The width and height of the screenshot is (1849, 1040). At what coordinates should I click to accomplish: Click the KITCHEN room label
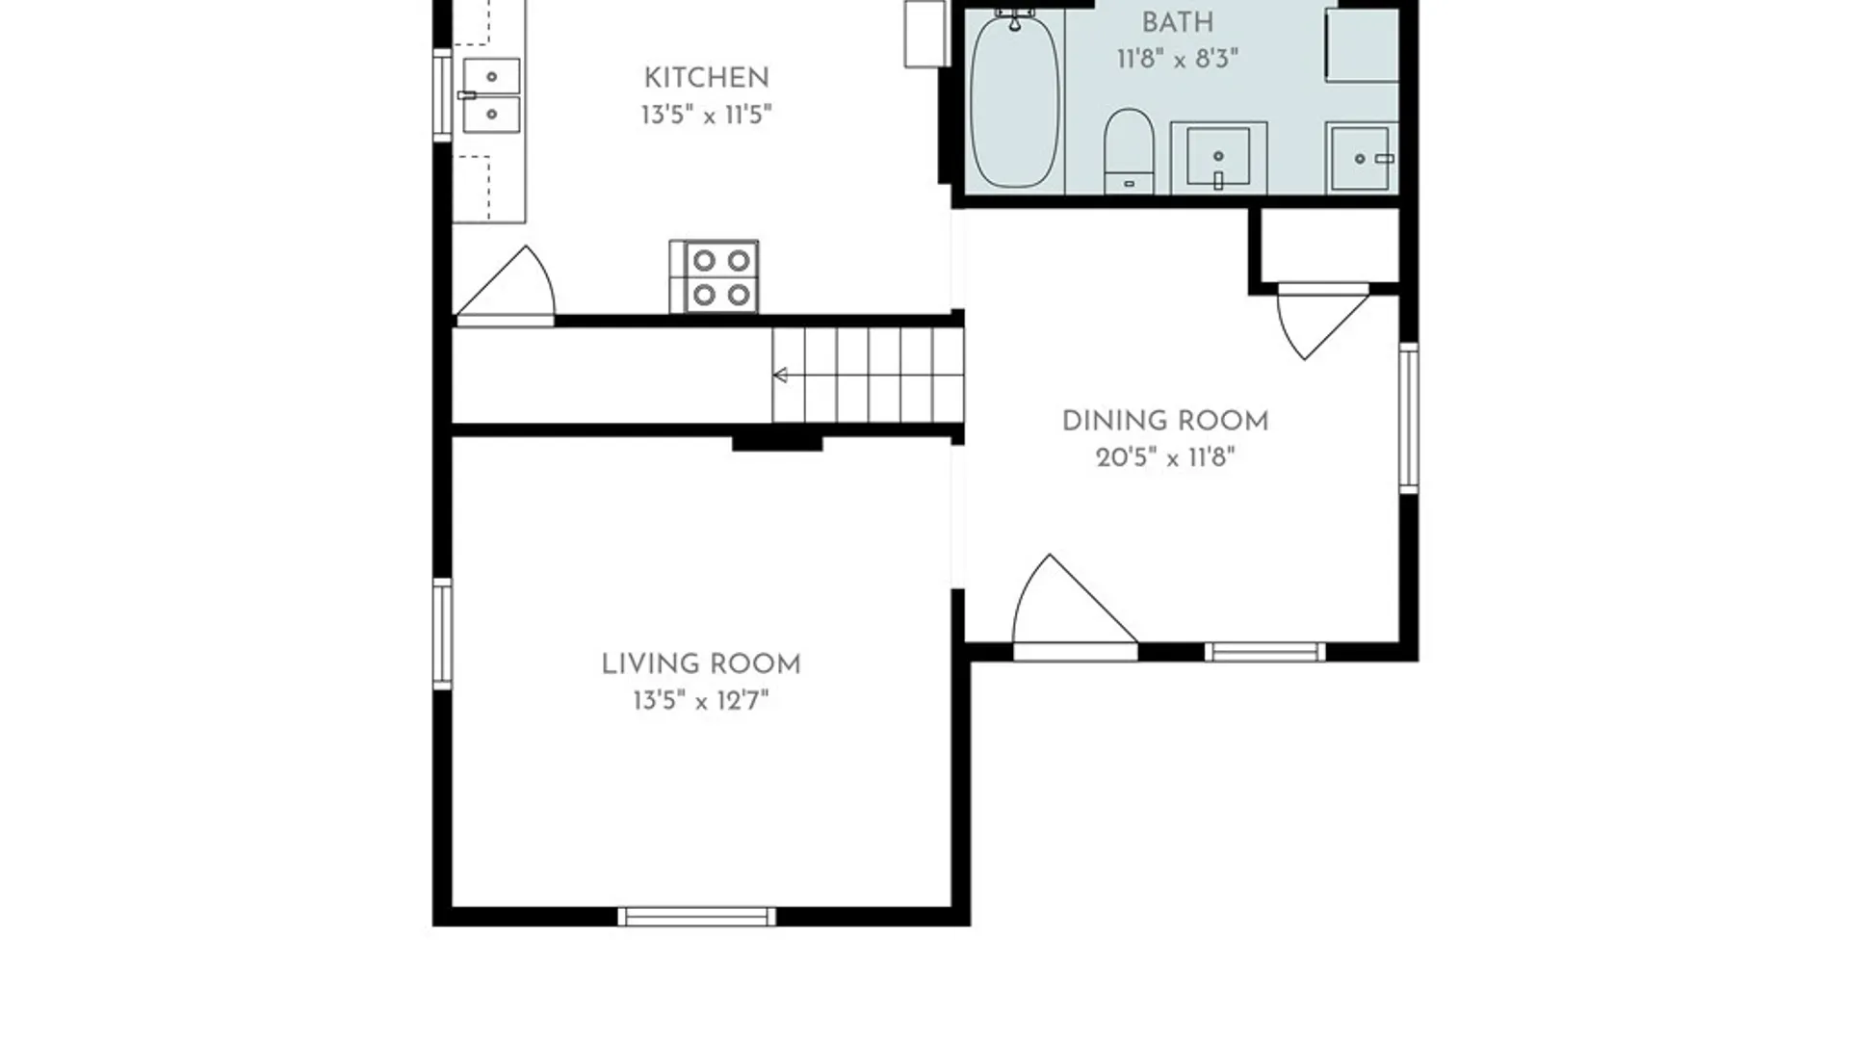point(706,78)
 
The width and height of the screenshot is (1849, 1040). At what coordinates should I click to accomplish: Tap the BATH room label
point(1177,22)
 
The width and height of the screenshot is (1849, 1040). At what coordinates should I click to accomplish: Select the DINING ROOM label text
point(1165,421)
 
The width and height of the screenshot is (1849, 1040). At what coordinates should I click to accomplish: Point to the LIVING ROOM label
point(701,664)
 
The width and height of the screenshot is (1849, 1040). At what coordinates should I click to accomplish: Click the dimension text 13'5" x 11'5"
point(706,116)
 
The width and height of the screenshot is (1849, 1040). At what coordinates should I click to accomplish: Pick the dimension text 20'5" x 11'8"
point(1165,457)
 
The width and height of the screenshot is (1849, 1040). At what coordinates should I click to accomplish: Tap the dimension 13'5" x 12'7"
point(701,701)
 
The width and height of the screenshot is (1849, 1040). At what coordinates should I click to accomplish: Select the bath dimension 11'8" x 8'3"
point(1177,60)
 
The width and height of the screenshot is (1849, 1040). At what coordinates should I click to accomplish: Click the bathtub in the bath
point(1014,99)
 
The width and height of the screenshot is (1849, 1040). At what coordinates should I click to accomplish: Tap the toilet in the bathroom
point(1129,151)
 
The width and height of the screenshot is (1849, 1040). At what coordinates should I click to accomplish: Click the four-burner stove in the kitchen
point(714,276)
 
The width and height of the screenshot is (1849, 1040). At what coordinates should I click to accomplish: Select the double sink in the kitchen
point(490,95)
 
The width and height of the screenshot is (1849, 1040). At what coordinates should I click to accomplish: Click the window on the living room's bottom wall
point(696,917)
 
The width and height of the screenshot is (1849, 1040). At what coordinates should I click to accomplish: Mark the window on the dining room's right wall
point(1408,418)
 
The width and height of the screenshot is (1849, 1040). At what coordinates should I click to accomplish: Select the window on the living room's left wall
point(442,634)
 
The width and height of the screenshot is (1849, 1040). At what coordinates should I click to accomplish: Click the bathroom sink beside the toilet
point(1218,156)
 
